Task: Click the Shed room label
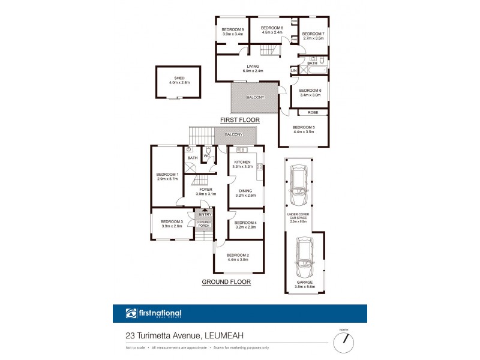tap(179, 78)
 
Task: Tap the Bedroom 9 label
tap(233, 29)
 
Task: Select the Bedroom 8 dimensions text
tap(272, 33)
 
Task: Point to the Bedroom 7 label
tap(313, 34)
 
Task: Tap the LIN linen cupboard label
tap(293, 71)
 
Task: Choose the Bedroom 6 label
tap(310, 91)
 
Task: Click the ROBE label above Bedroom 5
tap(313, 112)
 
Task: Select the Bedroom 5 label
tap(303, 127)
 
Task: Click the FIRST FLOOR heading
tap(239, 120)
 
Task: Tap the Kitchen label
tap(243, 162)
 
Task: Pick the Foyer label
tap(205, 190)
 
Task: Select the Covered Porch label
tap(205, 224)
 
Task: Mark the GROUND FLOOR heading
tap(226, 281)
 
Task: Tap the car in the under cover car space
tap(298, 183)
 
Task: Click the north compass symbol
tap(344, 341)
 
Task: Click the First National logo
tap(154, 313)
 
